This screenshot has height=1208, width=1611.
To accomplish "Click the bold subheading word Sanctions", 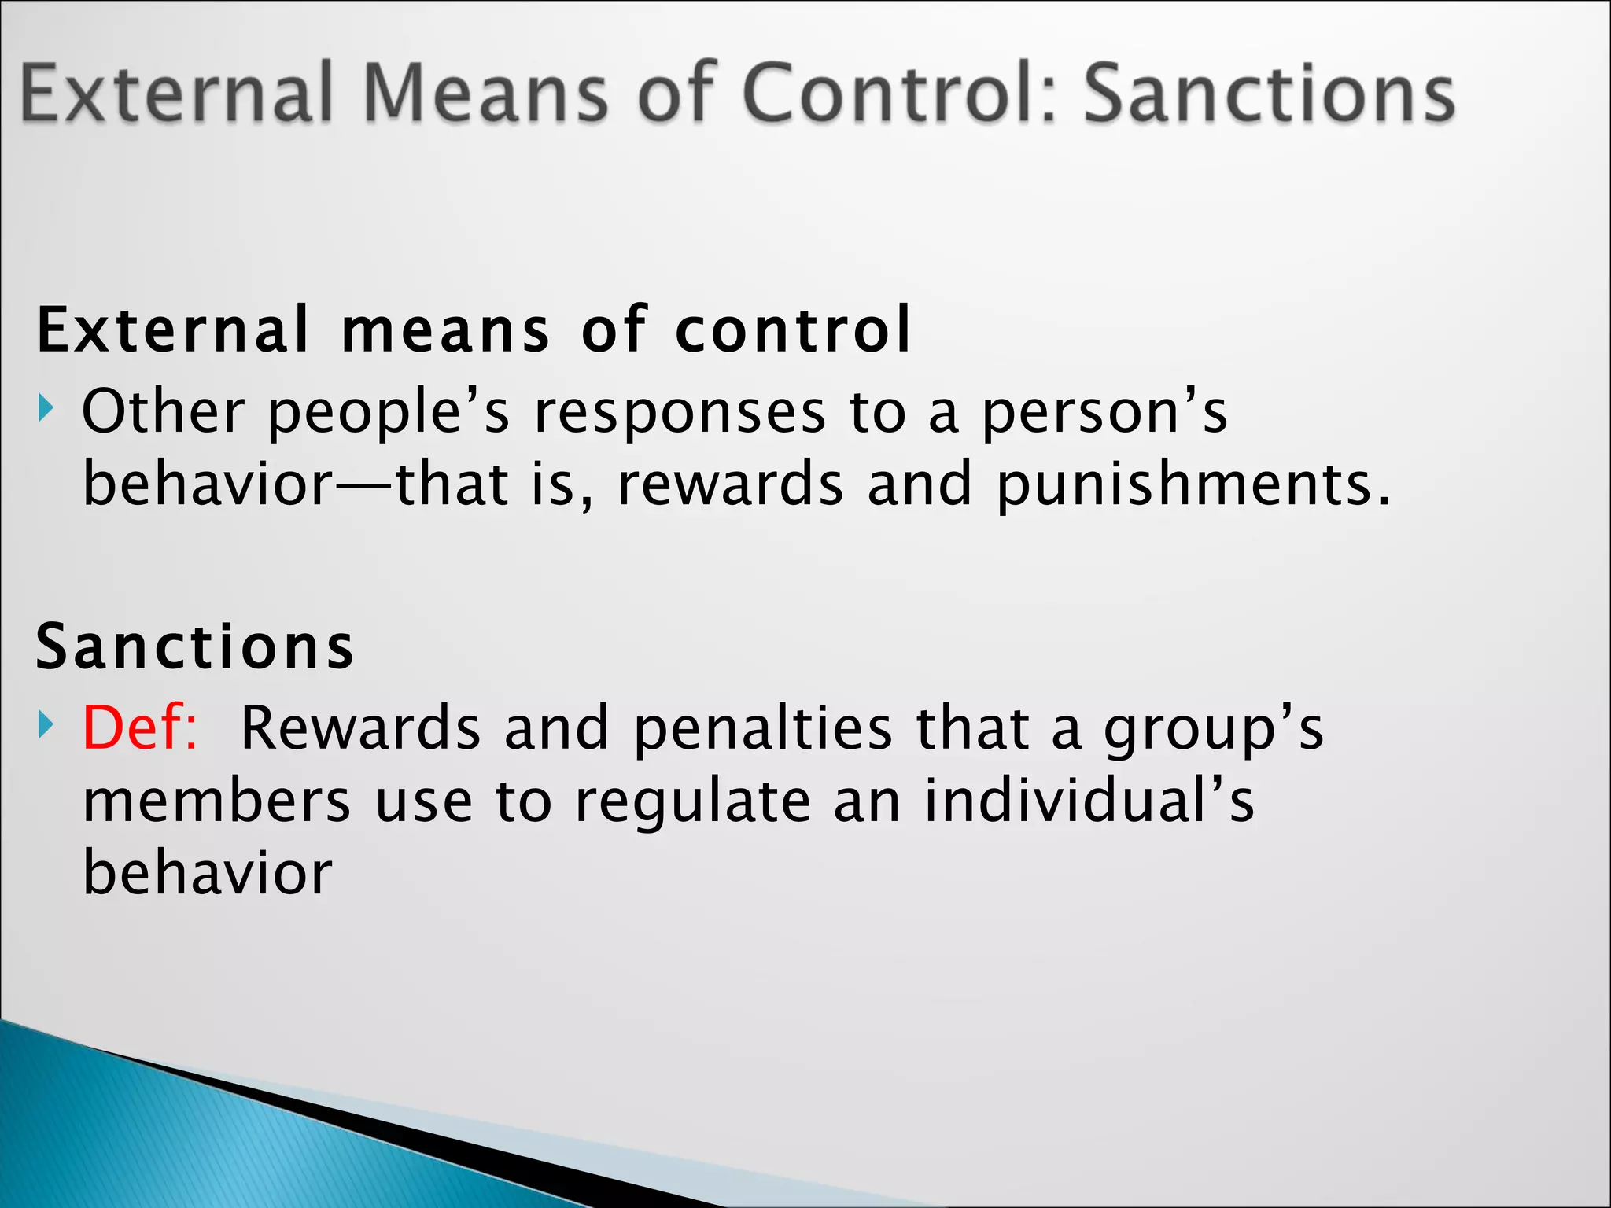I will coord(195,646).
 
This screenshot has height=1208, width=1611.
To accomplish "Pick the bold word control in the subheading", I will coord(793,330).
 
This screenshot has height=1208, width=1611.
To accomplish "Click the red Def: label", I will coord(140,727).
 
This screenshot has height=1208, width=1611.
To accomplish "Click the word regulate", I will coord(692,802).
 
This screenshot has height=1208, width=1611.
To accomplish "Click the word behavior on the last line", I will coord(208,873).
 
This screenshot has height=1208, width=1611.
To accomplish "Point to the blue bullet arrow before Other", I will coord(46,408).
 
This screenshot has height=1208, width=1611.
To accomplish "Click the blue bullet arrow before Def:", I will coord(46,724).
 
